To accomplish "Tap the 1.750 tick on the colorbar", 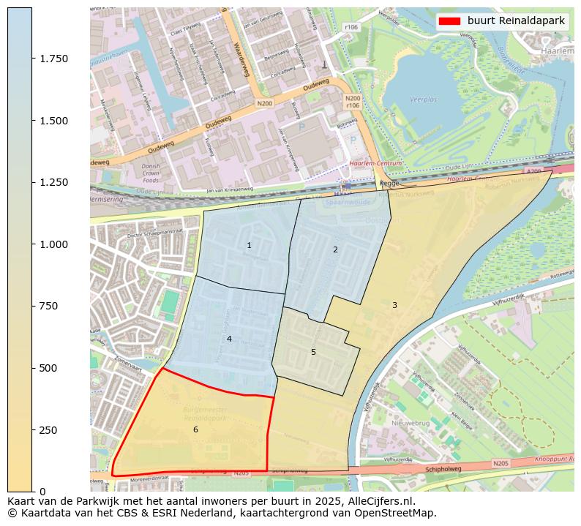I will (x=33, y=59).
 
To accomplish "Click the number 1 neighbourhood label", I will (x=249, y=245).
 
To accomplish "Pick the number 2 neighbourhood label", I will (x=335, y=249).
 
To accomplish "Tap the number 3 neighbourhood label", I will (x=394, y=305).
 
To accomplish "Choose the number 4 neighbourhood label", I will (x=229, y=339).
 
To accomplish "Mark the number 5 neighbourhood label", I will (x=313, y=352).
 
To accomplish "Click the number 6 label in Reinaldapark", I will (x=195, y=429).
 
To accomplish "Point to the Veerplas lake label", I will (x=423, y=97).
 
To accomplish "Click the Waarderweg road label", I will (x=242, y=56).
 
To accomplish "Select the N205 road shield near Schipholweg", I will (x=501, y=464).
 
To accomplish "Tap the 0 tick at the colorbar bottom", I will (x=33, y=491).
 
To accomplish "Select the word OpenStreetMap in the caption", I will (x=397, y=513).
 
